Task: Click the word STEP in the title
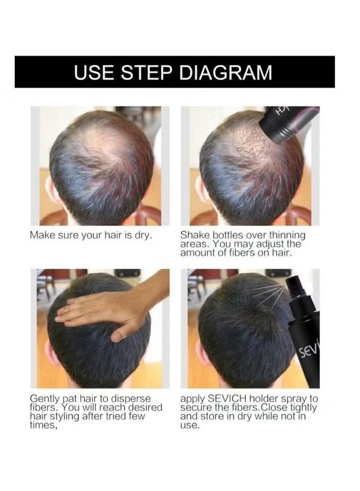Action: tap(152, 72)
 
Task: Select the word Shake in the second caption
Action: tap(193, 235)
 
